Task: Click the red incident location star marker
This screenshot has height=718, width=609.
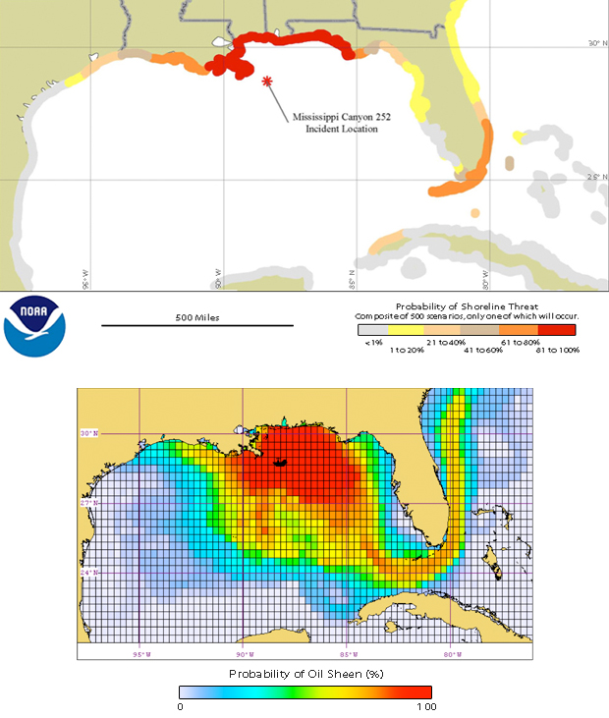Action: (x=267, y=83)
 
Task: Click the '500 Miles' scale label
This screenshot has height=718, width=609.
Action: (x=196, y=317)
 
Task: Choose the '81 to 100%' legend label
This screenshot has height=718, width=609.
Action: (x=558, y=349)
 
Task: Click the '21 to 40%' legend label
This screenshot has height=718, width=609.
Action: (x=451, y=342)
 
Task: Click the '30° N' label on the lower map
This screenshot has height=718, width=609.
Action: (x=89, y=433)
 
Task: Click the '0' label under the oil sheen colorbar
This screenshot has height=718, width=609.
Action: (x=181, y=707)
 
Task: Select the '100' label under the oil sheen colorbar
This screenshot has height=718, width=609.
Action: (x=425, y=707)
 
